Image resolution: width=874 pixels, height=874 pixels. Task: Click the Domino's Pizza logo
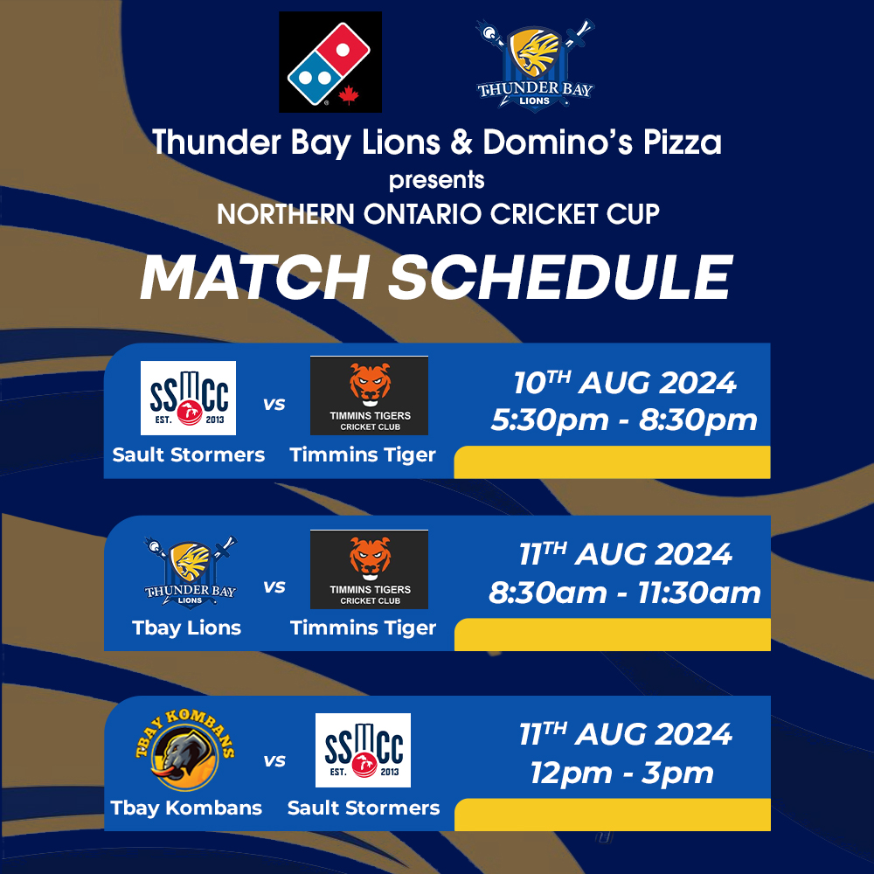click(x=330, y=62)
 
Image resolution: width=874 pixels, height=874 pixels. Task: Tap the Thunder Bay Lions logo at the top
click(x=535, y=65)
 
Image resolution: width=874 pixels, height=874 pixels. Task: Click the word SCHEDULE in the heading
click(x=560, y=277)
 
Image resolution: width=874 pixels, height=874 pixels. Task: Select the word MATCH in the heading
click(x=254, y=277)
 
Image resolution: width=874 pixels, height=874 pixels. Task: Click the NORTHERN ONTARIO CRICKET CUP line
click(x=438, y=214)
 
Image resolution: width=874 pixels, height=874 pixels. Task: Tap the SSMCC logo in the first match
click(x=189, y=398)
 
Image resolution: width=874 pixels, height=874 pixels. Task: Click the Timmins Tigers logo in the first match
click(x=369, y=395)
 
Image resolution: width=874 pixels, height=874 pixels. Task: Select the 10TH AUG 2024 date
click(x=625, y=383)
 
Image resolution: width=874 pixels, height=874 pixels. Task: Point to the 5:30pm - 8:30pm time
click(x=624, y=420)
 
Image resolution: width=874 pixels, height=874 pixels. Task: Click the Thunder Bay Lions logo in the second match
click(x=190, y=572)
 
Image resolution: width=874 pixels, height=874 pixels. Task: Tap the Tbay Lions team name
click(x=187, y=628)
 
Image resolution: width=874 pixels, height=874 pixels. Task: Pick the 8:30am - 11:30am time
click(x=625, y=593)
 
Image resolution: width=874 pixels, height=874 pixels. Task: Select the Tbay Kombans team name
click(x=186, y=808)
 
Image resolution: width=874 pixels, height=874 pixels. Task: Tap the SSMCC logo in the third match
click(x=363, y=750)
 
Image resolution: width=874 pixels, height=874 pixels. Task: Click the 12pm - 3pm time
click(x=622, y=773)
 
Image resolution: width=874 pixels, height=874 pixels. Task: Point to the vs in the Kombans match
click(x=274, y=761)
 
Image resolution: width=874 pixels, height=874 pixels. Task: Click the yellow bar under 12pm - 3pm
click(x=613, y=815)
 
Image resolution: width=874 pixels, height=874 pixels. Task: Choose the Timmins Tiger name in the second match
click(x=363, y=628)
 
